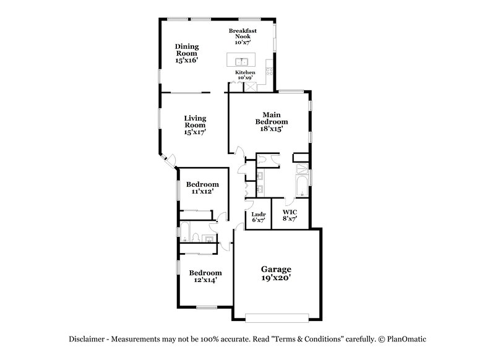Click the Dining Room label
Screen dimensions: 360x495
(186, 53)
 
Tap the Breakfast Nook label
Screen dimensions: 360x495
(243, 36)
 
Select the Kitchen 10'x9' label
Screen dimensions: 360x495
(244, 75)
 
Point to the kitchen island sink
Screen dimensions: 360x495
(242, 61)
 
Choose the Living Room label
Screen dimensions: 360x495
(194, 124)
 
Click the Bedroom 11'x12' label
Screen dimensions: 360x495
(203, 188)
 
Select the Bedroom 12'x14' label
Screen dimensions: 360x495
(205, 276)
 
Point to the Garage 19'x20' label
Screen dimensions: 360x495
(275, 273)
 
